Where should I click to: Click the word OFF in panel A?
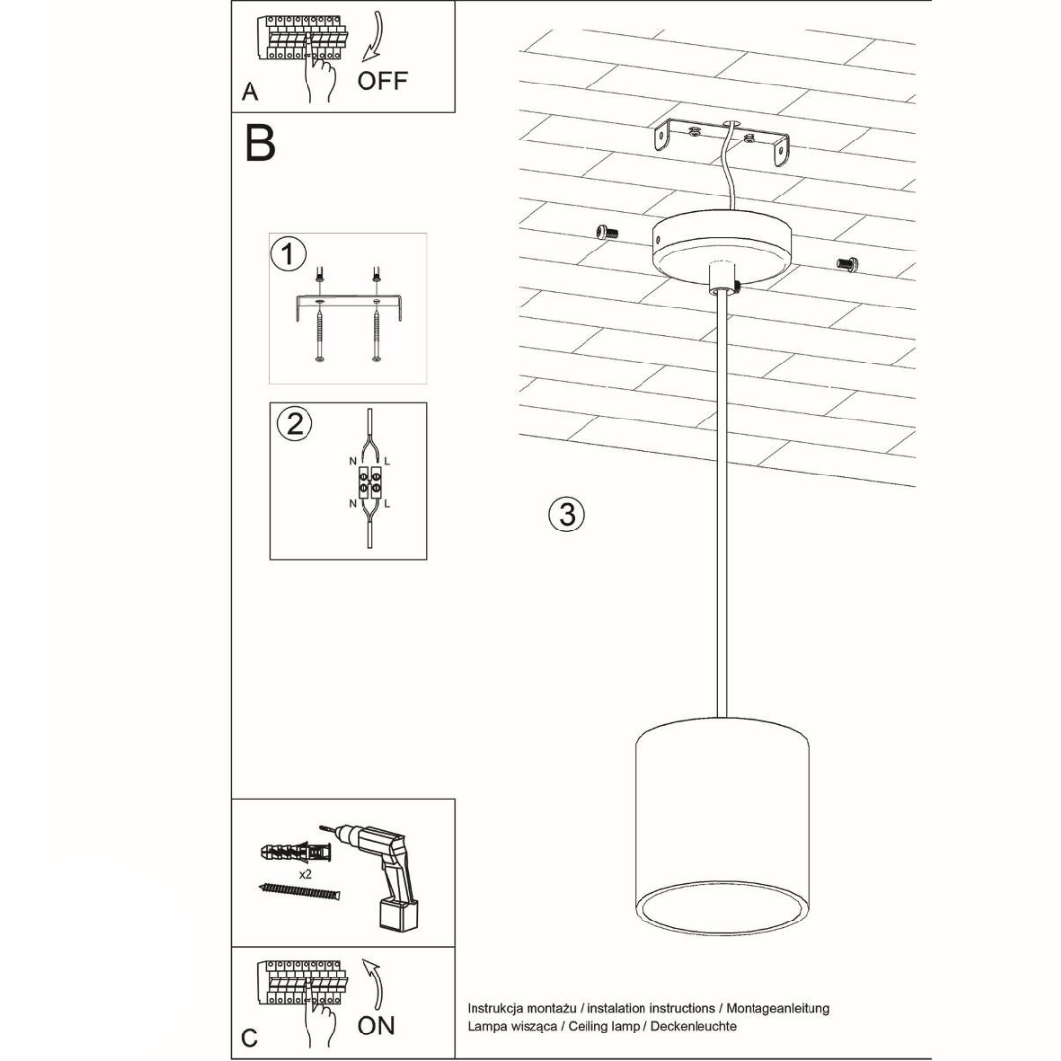[381, 82]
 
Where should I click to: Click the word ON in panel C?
[375, 1026]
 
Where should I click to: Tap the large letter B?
[259, 142]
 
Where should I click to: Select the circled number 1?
[288, 254]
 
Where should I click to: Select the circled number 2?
[295, 425]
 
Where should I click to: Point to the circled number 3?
[567, 515]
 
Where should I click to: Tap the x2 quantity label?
[306, 875]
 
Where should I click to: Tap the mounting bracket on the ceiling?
[721, 141]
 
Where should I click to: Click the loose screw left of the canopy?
[608, 232]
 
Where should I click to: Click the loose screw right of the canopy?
[847, 264]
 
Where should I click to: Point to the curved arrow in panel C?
[373, 983]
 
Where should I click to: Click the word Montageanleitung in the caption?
[778, 1008]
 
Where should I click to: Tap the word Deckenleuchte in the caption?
[694, 1026]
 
